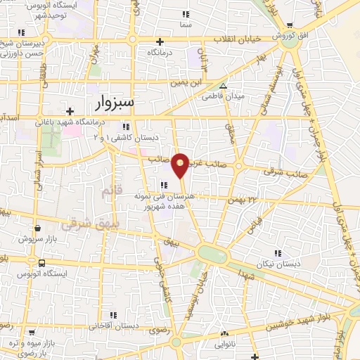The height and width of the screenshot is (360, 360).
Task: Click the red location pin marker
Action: click(x=181, y=164)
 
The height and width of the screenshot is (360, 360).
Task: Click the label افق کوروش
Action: click(x=287, y=34)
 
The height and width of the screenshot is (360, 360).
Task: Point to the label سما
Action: click(x=186, y=24)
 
